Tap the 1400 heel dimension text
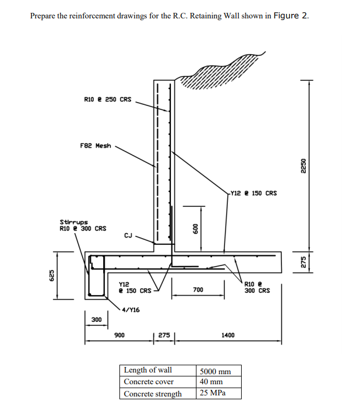click(228, 335)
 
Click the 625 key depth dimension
click(51, 275)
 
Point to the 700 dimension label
click(198, 290)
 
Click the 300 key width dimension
click(96, 320)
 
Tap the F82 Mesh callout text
click(96, 146)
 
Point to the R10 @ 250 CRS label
click(108, 100)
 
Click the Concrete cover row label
click(148, 382)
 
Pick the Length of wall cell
click(148, 370)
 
